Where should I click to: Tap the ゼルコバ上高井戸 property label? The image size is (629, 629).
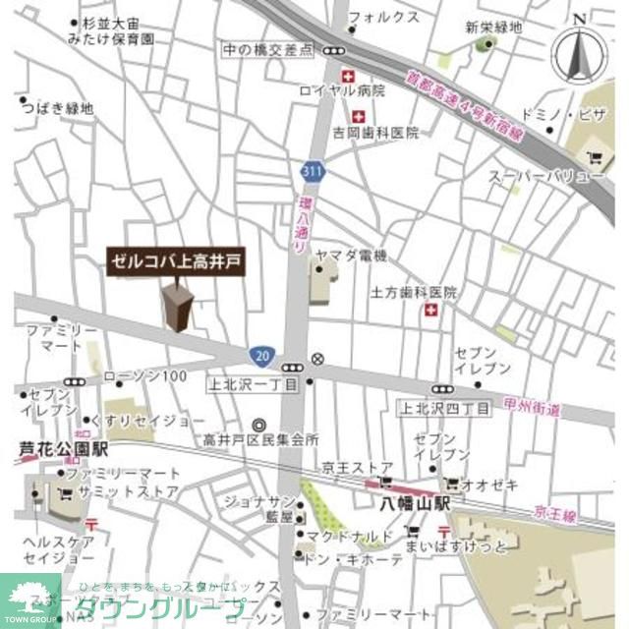174,261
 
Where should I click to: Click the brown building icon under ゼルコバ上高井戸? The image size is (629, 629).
178,307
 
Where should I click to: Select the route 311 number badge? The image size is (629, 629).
312,173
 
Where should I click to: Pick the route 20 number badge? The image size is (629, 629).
260,355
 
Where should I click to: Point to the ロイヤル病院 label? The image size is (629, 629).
343,90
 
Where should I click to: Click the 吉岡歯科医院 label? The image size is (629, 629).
362,132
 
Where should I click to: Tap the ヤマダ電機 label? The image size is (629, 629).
351,256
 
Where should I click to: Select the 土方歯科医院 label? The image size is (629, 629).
414,293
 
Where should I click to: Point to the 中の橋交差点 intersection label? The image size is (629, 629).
266,48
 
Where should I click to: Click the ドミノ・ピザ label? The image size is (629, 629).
565,115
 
